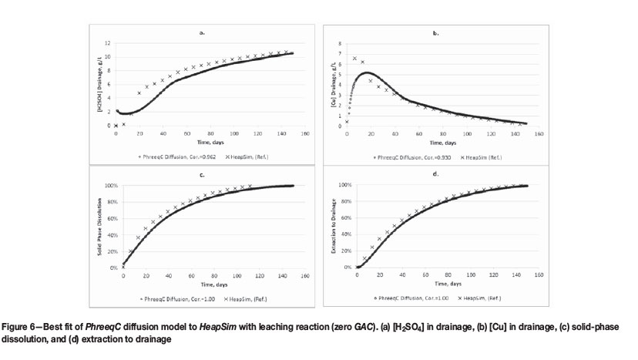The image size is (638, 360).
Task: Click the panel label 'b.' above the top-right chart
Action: point(435,33)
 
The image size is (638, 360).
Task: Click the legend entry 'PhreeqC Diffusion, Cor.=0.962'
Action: point(173,156)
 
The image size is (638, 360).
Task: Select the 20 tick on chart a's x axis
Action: point(139,133)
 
